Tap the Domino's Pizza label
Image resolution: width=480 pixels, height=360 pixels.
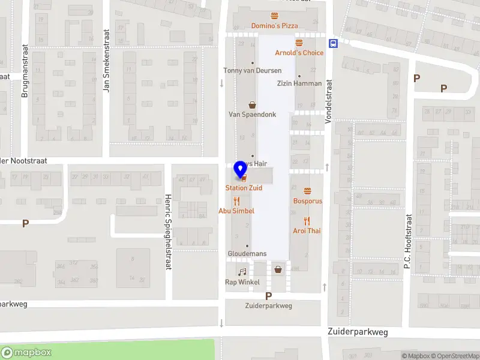pos(274,26)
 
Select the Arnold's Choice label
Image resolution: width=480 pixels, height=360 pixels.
pos(299,53)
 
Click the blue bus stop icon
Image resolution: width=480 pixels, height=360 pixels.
pos(332,43)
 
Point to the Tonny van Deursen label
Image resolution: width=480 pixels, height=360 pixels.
pos(252,70)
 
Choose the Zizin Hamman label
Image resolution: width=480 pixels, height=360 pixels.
pos(299,83)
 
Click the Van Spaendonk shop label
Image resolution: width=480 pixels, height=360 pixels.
pos(252,114)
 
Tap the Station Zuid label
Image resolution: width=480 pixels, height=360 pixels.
pos(244,188)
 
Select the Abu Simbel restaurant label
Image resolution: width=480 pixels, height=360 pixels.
pos(236,211)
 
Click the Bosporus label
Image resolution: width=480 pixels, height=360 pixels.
pos(307,201)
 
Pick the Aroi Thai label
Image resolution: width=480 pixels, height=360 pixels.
pos(307,230)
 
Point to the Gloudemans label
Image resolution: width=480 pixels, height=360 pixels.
pos(247,254)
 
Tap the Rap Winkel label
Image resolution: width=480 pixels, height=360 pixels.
pos(242,282)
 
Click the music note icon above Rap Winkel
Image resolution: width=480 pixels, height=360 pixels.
pos(242,272)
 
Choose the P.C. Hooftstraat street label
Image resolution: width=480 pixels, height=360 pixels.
pos(407,241)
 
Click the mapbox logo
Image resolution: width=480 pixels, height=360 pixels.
pos(27,353)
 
